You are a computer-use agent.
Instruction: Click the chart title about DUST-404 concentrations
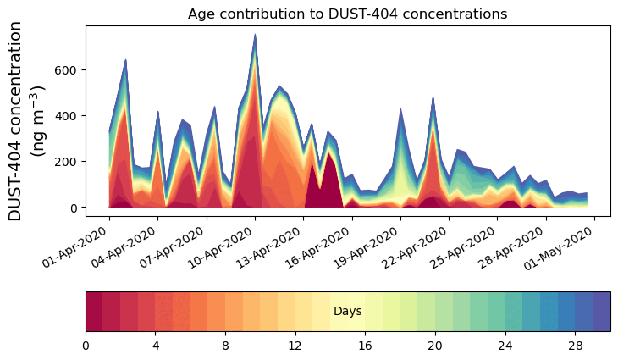pyautogui.click(x=347, y=14)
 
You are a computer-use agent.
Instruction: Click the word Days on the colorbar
pyautogui.click(x=348, y=312)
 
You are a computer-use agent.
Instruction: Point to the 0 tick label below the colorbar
pyautogui.click(x=86, y=346)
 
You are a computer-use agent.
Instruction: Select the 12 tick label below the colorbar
pyautogui.click(x=295, y=346)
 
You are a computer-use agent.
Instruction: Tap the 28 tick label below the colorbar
pyautogui.click(x=576, y=346)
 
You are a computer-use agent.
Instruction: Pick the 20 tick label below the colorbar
pyautogui.click(x=435, y=346)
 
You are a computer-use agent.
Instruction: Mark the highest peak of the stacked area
pyautogui.click(x=255, y=35)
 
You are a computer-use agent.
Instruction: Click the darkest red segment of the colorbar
pyautogui.click(x=94, y=312)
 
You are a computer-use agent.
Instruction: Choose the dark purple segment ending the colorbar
pyautogui.click(x=602, y=312)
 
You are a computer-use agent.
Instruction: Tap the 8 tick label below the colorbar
pyautogui.click(x=225, y=346)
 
